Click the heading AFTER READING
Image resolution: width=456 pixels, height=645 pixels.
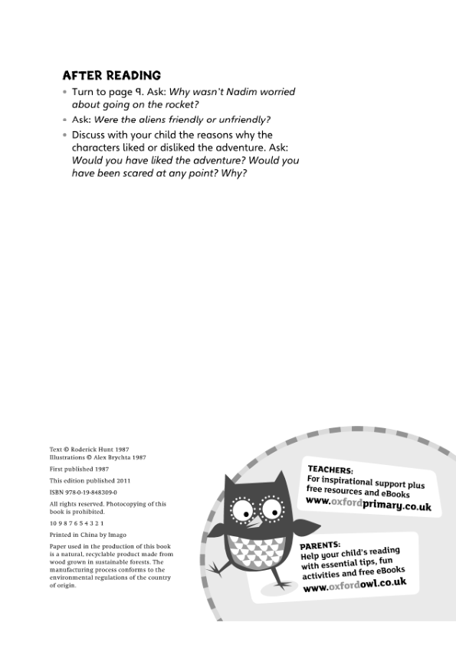112,75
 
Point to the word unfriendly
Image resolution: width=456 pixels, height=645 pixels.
244,120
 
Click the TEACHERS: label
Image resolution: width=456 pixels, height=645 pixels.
330,469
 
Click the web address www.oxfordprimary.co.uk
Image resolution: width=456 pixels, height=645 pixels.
369,504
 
